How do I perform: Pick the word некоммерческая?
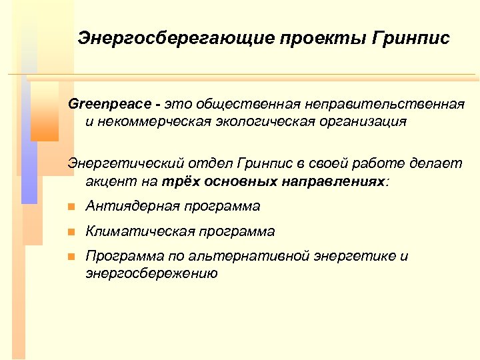[x=147, y=122]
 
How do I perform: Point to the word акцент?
[x=108, y=181]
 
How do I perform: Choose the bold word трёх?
[x=176, y=181]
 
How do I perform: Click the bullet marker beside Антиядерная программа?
[x=72, y=207]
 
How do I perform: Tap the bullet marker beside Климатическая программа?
[x=72, y=232]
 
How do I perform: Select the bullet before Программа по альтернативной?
[x=72, y=257]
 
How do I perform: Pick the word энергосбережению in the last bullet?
[x=151, y=273]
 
